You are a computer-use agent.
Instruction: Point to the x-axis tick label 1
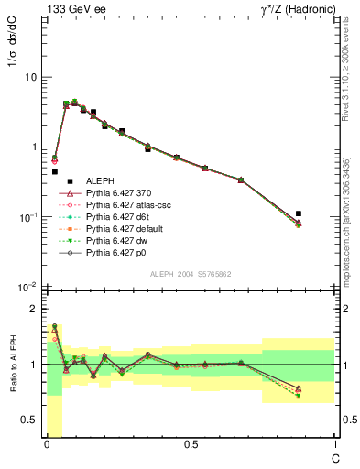click(333, 445)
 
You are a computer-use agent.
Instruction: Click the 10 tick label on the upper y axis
click(30, 77)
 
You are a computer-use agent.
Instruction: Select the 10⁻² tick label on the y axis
click(28, 287)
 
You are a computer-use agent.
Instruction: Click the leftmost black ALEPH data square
click(55, 171)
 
